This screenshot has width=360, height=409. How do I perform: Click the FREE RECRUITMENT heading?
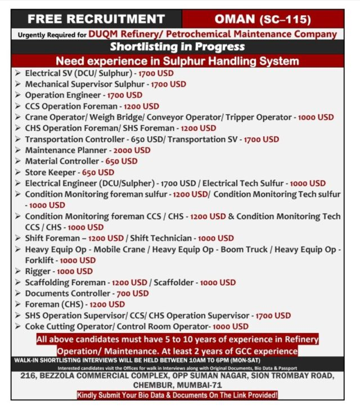[96, 19]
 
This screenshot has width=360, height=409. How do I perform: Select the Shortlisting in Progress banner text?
[177, 47]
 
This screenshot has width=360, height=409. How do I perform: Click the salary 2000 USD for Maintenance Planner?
[132, 150]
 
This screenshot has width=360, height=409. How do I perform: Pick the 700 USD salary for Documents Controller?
[132, 293]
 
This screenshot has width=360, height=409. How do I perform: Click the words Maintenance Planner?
[66, 150]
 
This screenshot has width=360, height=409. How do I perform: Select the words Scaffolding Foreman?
[65, 282]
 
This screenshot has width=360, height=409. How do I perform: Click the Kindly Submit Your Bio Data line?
[177, 395]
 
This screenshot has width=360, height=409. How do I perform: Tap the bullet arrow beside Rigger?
[19, 271]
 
